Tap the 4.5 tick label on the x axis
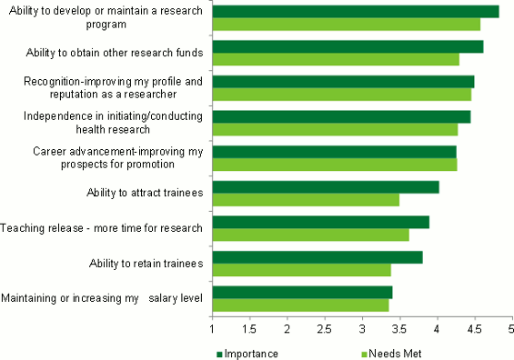pos(474,329)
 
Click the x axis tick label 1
pos(212,329)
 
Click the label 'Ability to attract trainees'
pos(146,192)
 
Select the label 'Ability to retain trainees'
pos(146,263)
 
